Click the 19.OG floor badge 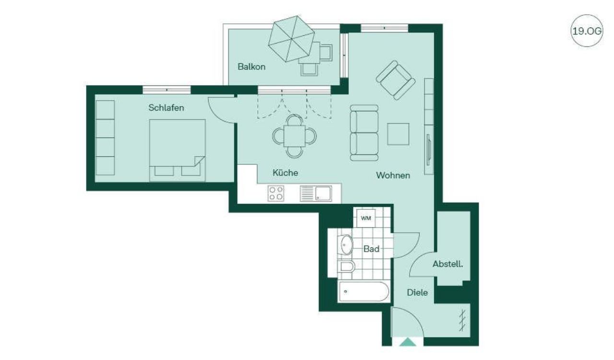587,31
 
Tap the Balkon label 251,67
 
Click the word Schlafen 166,108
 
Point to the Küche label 285,173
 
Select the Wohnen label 393,175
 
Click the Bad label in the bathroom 371,249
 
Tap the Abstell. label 448,264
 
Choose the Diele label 417,292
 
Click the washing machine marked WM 366,218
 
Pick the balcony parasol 291,39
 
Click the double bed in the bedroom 177,150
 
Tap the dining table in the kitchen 295,136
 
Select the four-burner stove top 276,194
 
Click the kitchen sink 316,194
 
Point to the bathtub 364,291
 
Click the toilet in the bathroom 347,266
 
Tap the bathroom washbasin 346,244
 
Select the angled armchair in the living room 396,80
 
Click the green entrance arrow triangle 408,342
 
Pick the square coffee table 398,134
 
